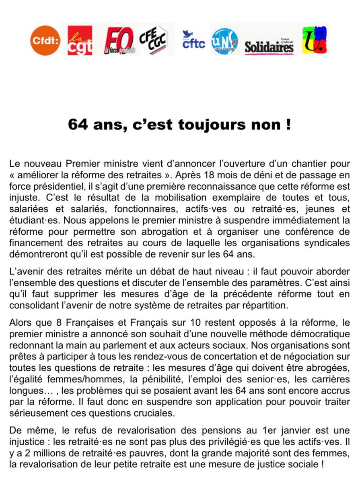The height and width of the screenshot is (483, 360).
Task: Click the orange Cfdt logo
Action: click(x=45, y=40)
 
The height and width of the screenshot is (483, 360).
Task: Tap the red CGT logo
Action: click(x=80, y=40)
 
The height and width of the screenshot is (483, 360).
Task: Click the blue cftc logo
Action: click(x=193, y=40)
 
